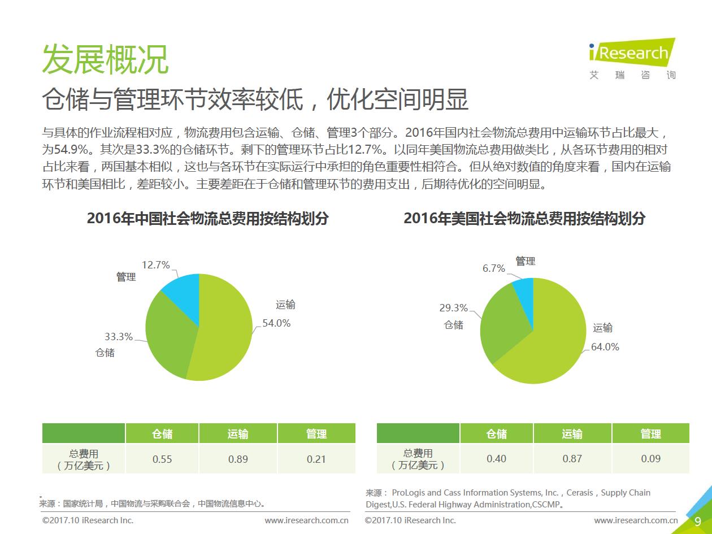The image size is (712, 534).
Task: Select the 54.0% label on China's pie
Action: click(x=276, y=323)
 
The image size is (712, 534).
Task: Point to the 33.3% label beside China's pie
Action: click(x=118, y=337)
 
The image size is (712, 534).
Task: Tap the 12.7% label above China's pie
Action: click(x=155, y=265)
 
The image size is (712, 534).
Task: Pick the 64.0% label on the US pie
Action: click(x=605, y=347)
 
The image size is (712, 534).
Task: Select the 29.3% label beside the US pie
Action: click(x=453, y=308)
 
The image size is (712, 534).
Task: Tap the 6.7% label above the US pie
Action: click(x=493, y=268)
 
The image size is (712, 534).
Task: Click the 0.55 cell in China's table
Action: click(x=162, y=459)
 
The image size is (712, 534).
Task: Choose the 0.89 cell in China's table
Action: click(x=238, y=459)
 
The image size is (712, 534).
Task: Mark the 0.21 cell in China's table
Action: click(x=316, y=459)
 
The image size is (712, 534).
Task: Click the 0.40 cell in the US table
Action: click(x=496, y=459)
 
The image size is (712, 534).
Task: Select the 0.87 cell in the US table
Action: click(x=572, y=459)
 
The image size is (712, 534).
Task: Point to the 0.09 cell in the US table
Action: click(x=650, y=459)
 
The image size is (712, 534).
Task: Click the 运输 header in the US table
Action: click(x=572, y=433)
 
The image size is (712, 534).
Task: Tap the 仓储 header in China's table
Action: click(x=162, y=433)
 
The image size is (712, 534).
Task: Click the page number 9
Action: click(x=697, y=522)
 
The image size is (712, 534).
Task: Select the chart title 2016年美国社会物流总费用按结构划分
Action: click(x=524, y=219)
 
